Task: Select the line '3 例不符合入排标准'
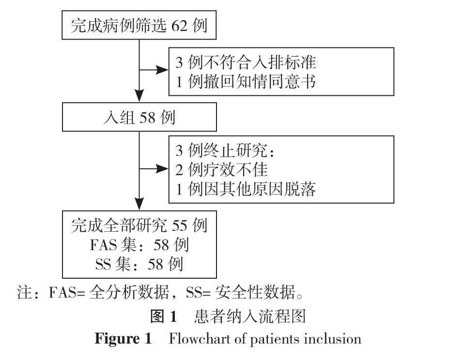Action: pos(246,63)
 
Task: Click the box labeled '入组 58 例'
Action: pos(139,118)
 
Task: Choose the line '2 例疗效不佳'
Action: pos(221,170)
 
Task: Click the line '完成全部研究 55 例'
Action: pos(139,226)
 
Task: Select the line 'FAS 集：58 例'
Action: pos(139,245)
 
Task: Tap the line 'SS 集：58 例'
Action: pos(139,264)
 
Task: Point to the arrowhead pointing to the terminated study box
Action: pos(163,169)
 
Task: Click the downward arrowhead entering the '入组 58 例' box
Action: pos(139,99)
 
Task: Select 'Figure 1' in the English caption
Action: pos(123,338)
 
